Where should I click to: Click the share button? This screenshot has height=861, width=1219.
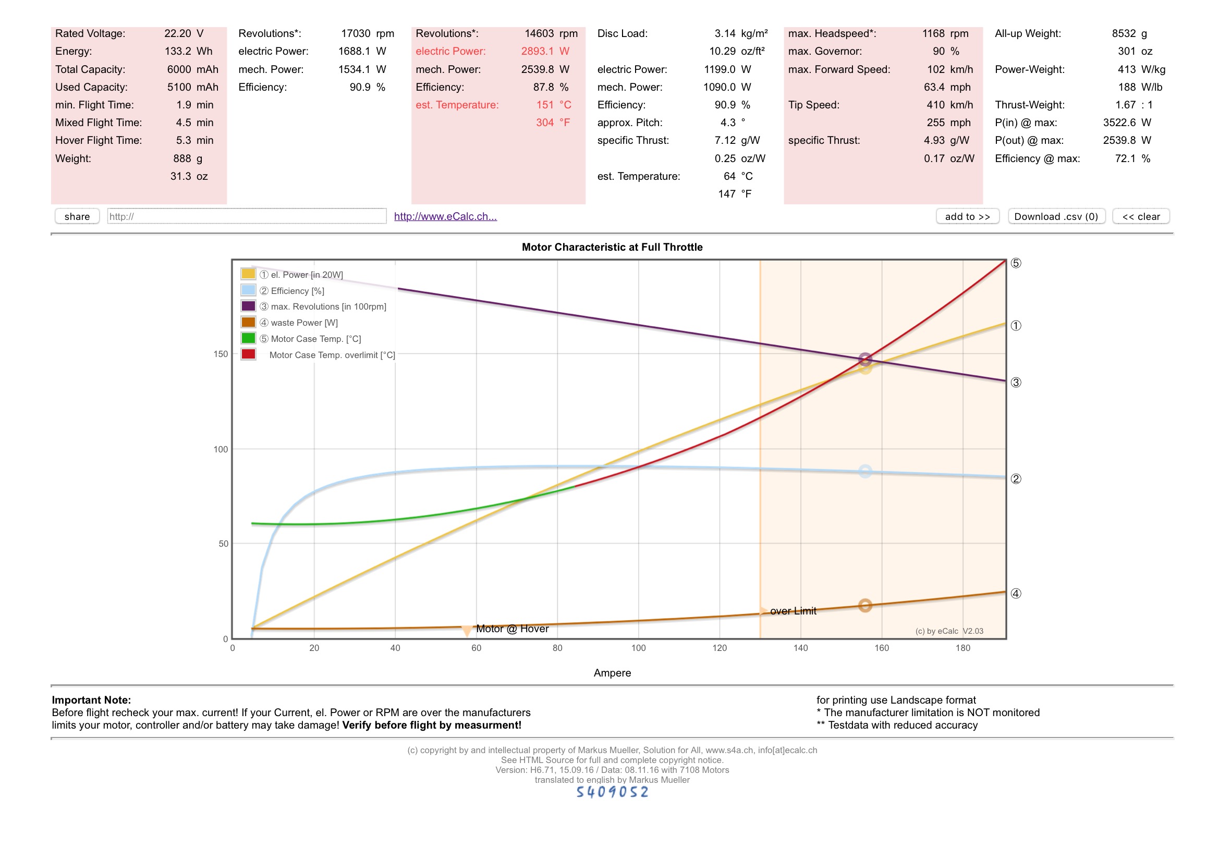coord(77,217)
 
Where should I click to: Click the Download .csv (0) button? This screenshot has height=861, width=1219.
coord(1056,217)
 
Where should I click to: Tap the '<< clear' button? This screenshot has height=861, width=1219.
coord(1140,217)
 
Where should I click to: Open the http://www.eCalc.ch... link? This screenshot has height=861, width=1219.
coord(445,217)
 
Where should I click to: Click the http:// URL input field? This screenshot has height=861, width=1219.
coord(246,217)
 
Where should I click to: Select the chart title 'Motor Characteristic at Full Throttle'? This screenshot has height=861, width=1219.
coord(612,247)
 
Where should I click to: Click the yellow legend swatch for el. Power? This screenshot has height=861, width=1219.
coord(248,274)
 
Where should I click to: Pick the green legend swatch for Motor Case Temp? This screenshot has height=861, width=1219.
coord(248,338)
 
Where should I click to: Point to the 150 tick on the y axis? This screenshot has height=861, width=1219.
coord(221,354)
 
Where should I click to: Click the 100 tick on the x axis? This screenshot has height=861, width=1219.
coord(638,648)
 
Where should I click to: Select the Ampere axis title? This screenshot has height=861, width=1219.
coord(612,672)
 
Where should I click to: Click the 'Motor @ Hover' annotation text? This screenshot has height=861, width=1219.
coord(512,629)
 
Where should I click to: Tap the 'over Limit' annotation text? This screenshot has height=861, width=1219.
coord(793,611)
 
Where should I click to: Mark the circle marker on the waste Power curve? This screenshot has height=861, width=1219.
coord(865,605)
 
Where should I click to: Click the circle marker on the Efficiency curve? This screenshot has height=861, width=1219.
coord(865,471)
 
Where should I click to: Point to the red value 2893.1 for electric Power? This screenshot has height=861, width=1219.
coord(537,52)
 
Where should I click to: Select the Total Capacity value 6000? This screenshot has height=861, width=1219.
coord(179,69)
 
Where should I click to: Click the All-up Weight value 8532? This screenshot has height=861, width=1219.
coord(1124,33)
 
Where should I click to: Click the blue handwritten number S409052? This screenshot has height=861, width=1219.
coord(612,792)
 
